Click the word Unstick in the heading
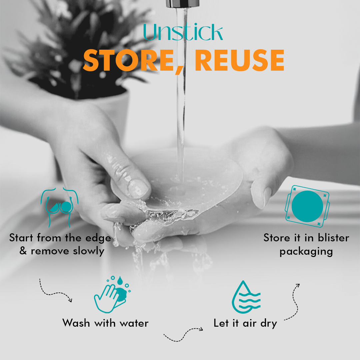183,33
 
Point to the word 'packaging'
306,251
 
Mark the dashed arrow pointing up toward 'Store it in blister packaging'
292,302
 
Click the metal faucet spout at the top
183,4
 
